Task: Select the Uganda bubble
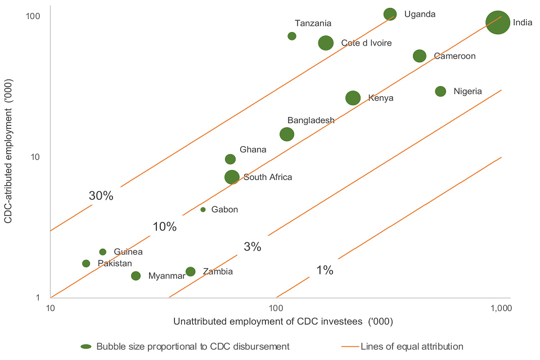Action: pyautogui.click(x=390, y=14)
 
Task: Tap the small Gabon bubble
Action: pyautogui.click(x=203, y=210)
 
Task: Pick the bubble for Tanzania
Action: pyautogui.click(x=292, y=36)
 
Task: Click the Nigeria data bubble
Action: pyautogui.click(x=440, y=91)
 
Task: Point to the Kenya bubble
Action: pyautogui.click(x=353, y=98)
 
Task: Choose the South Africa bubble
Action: pyautogui.click(x=232, y=177)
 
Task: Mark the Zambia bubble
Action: pyautogui.click(x=191, y=272)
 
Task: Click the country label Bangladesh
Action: pyautogui.click(x=310, y=120)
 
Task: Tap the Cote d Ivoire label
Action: pyautogui.click(x=366, y=43)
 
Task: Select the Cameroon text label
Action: pyautogui.click(x=454, y=56)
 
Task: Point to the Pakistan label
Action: pyautogui.click(x=115, y=263)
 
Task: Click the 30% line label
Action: pyautogui.click(x=101, y=196)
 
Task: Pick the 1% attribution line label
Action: pyautogui.click(x=325, y=271)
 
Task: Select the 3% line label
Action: pyautogui.click(x=253, y=246)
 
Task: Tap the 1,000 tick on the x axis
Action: pyautogui.click(x=501, y=308)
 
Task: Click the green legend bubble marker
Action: pyautogui.click(x=86, y=346)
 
